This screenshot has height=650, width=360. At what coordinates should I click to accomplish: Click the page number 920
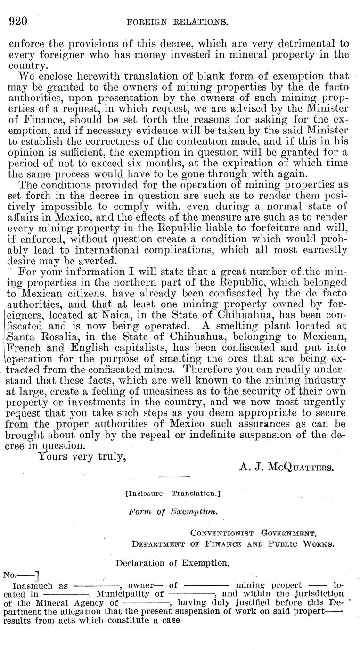19,21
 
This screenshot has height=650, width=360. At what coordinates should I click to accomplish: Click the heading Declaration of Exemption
173,563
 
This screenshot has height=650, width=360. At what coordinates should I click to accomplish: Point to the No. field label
11,575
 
